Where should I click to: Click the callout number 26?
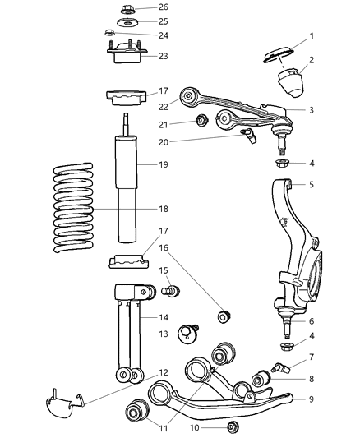(163, 7)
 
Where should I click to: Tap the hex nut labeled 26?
(127, 9)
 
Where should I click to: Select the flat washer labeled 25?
(127, 21)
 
